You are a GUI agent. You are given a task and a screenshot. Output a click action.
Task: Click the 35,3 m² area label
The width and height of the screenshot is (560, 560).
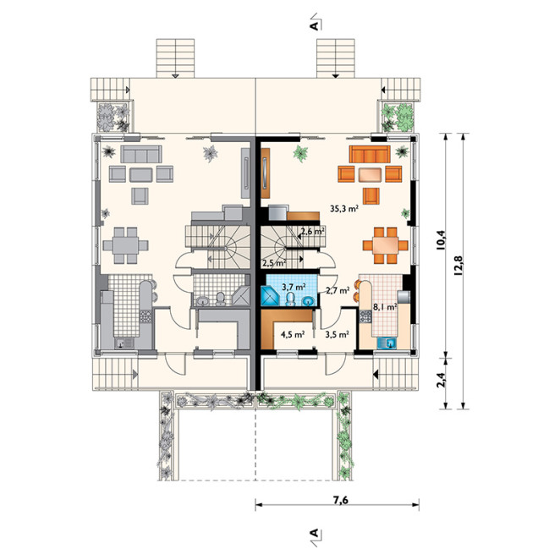click(x=344, y=209)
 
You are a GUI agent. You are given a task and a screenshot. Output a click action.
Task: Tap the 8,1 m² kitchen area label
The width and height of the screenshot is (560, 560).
click(x=386, y=306)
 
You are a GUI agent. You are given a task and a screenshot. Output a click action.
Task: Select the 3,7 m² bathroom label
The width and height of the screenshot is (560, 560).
click(x=294, y=287)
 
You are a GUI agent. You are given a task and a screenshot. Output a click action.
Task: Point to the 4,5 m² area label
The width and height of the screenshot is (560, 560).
click(x=293, y=335)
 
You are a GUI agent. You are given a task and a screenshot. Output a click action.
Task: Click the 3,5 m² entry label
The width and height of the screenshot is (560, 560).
click(x=337, y=335)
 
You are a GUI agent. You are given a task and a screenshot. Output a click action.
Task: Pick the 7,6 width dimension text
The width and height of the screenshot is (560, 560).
click(x=340, y=500)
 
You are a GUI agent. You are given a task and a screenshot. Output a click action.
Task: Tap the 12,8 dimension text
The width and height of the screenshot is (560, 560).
click(x=458, y=266)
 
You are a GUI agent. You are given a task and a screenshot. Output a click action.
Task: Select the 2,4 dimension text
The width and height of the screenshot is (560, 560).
click(x=441, y=380)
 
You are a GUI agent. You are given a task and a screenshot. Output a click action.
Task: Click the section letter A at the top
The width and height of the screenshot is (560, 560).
click(x=314, y=25)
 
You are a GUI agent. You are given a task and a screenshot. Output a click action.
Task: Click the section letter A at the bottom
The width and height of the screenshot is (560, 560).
click(x=314, y=533)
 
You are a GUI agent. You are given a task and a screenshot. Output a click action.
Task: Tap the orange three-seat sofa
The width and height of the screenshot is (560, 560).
click(x=370, y=154)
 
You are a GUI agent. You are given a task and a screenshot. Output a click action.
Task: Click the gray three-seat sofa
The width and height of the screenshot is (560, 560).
click(x=141, y=154)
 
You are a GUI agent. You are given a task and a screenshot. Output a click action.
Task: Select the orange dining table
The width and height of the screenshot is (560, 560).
click(x=386, y=245)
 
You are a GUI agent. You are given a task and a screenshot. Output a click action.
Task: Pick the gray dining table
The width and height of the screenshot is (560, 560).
click(x=126, y=245)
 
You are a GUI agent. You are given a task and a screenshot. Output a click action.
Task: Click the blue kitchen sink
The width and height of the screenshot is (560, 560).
click(x=387, y=343)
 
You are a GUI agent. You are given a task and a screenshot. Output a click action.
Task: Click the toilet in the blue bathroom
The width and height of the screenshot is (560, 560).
click(x=291, y=299)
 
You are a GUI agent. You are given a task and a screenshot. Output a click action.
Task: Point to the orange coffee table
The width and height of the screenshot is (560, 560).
click(x=370, y=174)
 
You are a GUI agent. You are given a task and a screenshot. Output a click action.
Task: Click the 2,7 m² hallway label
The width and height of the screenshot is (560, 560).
click(x=337, y=290)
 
